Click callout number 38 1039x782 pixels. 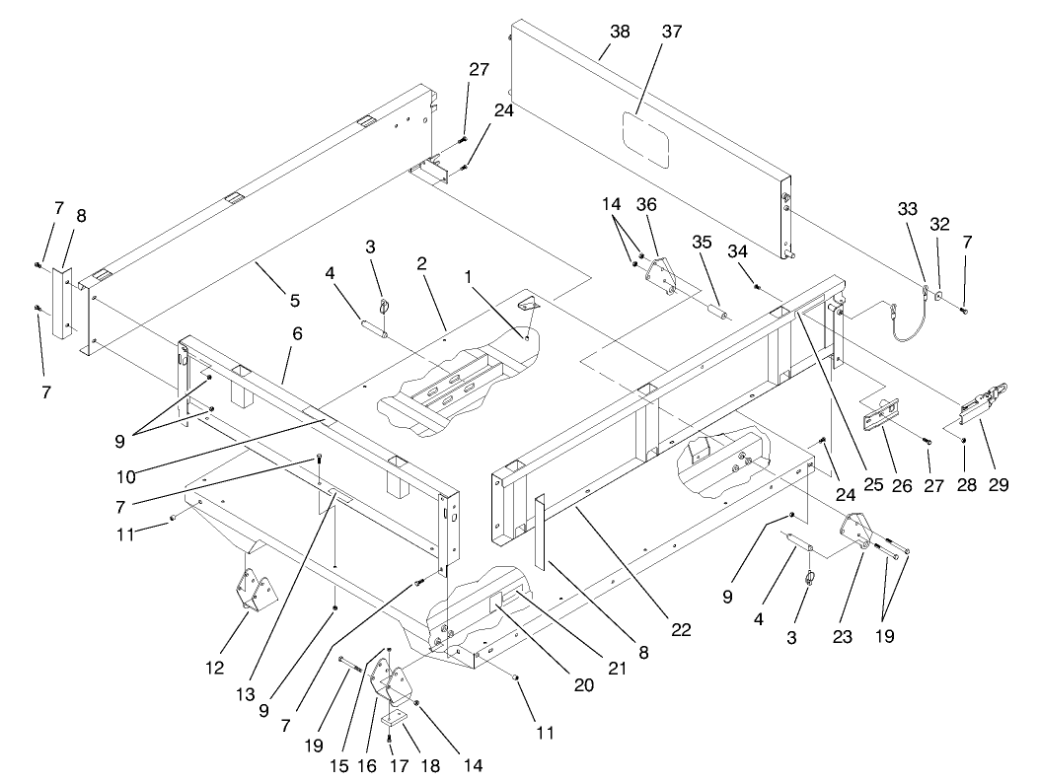tap(620, 32)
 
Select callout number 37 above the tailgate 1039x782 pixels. tap(672, 32)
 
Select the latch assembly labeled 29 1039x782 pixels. tap(982, 399)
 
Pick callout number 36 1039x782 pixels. tap(674, 205)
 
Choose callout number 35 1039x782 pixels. tap(701, 240)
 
